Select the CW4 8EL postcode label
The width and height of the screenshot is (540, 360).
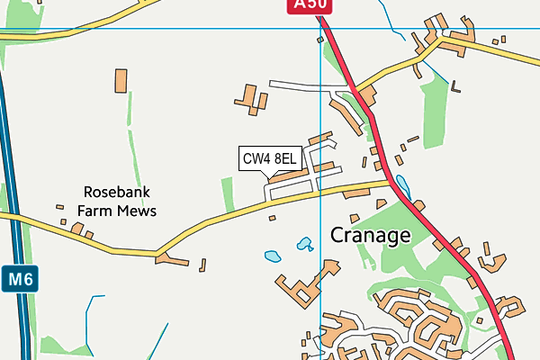269,159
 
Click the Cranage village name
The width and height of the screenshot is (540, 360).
370,236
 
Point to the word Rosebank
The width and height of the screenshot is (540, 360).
116,192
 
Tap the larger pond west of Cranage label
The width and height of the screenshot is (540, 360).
273,256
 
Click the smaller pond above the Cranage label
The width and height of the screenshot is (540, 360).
304,243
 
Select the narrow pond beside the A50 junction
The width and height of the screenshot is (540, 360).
401,186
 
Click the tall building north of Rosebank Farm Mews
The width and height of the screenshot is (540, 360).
121,80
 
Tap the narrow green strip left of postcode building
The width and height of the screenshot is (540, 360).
227,194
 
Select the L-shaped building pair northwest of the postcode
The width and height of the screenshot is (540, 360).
251,97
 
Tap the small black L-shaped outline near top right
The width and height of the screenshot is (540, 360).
457,86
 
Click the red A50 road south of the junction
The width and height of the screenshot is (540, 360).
441,238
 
